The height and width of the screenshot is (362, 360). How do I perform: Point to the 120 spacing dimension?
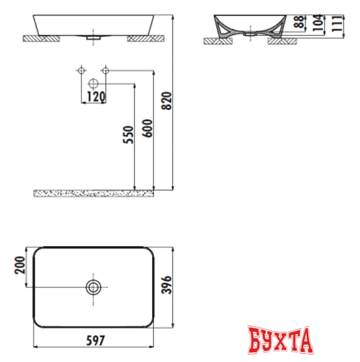click(92, 97)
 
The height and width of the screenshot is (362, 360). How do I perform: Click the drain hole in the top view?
click(93, 287)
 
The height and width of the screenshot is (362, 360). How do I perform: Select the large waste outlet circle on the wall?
click(93, 84)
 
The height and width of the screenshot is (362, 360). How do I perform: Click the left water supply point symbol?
click(81, 70)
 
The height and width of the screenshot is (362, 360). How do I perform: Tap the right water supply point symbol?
click(105, 70)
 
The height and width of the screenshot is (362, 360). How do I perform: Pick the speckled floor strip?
click(93, 192)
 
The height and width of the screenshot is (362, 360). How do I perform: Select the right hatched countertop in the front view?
click(143, 39)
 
